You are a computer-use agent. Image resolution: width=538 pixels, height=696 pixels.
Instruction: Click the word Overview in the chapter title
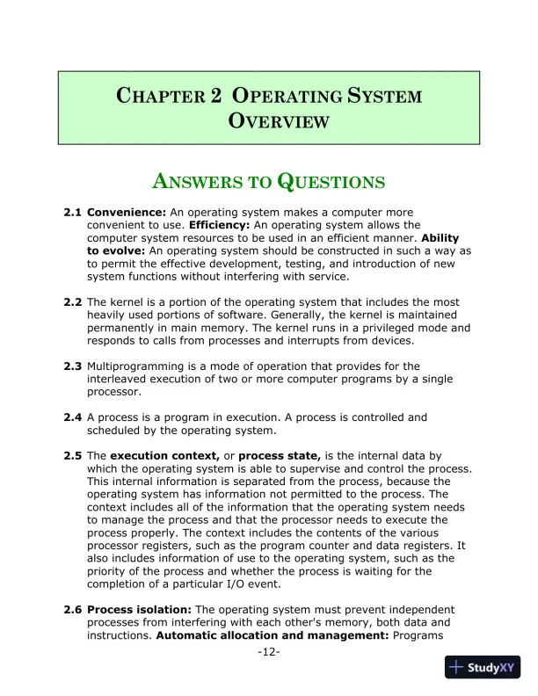pos(279,120)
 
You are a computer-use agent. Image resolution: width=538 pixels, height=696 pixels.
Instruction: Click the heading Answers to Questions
pos(269,182)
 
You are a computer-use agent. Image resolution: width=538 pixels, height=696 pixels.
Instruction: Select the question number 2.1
pos(73,213)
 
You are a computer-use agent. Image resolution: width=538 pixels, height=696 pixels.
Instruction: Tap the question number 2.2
pos(73,301)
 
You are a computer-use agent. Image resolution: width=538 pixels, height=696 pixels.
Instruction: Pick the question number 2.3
pos(73,366)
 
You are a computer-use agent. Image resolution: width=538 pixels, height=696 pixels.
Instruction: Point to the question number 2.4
pos(73,417)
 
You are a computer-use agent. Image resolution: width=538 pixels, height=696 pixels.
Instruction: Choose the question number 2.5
pos(73,456)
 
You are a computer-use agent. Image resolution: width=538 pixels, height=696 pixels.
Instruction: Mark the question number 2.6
pos(73,609)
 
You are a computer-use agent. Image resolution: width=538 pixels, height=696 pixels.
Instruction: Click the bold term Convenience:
pos(127,213)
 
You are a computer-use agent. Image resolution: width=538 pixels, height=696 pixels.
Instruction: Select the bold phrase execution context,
pos(164,456)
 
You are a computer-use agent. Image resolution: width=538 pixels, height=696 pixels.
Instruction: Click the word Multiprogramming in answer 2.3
pos(134,366)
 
